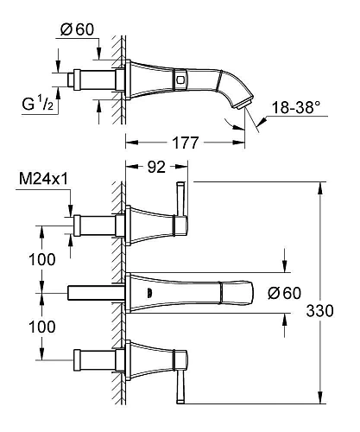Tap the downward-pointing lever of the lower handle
click(180, 385)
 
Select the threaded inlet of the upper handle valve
click(95, 226)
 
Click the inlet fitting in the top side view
click(95, 82)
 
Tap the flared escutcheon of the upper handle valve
click(142, 226)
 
